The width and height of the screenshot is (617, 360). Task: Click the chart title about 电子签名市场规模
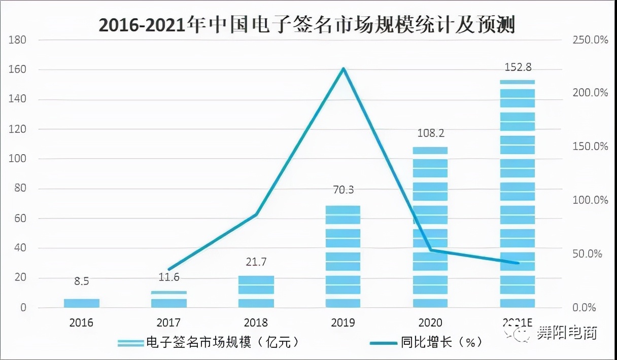(x=306, y=24)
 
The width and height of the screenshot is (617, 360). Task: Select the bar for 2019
(x=343, y=257)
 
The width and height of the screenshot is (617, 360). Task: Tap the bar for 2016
(x=82, y=303)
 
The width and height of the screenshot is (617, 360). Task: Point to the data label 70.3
(x=343, y=191)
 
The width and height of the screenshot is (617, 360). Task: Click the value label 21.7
(x=256, y=263)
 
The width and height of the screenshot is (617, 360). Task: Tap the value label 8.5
(x=82, y=281)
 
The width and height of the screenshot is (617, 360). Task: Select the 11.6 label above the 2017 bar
(x=168, y=277)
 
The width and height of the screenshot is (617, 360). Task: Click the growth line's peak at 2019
(x=343, y=68)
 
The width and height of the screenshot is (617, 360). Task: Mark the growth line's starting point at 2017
(x=169, y=269)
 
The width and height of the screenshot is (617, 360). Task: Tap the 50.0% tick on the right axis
(x=588, y=254)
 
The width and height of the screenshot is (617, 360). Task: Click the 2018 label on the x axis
(x=256, y=322)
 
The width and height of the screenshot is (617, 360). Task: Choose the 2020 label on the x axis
(x=430, y=322)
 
